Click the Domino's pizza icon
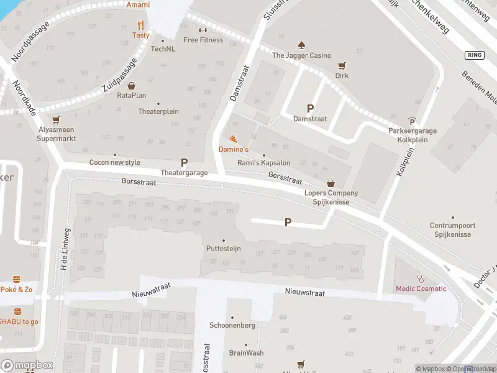coord(233,139)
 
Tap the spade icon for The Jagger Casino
coord(301,45)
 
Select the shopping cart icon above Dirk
coord(341,65)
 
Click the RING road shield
coord(473,55)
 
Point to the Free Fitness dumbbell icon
coord(203,30)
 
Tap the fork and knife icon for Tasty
coord(141,25)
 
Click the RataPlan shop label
coord(132,95)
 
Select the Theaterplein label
coord(158,111)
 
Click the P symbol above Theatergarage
coord(184,162)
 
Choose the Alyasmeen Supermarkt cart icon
coord(57,120)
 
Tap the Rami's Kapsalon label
coord(264,163)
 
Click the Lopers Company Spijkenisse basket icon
coord(331,183)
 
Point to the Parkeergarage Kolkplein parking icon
coord(412,121)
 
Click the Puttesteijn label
coord(223,249)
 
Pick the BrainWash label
coord(246,352)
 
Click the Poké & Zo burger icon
coord(17,279)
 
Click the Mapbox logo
coord(27,365)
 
